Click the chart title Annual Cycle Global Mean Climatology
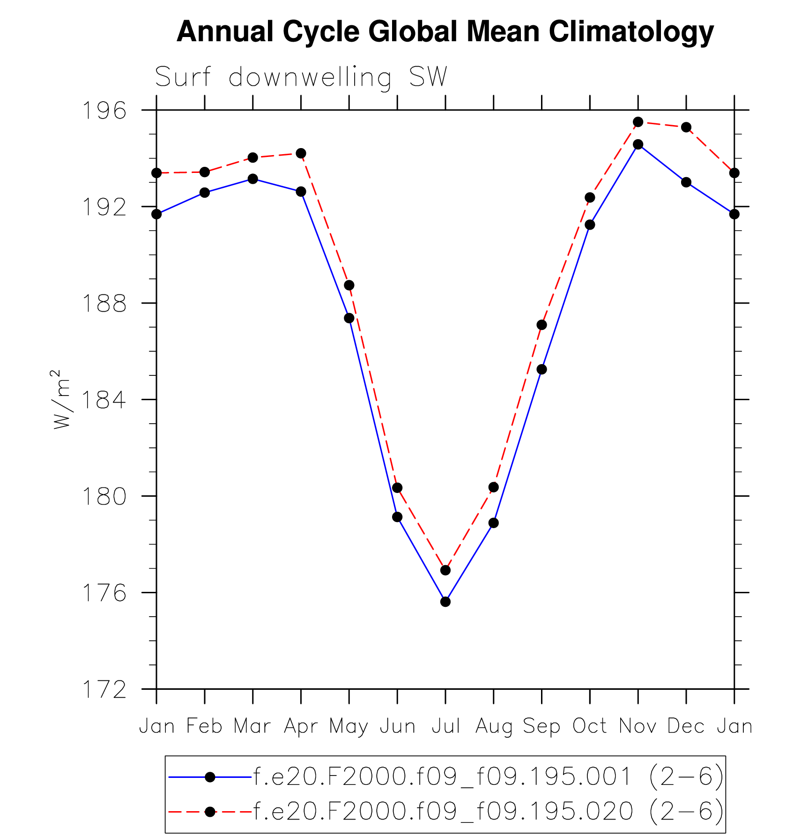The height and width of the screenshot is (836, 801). (x=445, y=32)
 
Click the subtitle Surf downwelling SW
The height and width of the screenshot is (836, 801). (x=301, y=77)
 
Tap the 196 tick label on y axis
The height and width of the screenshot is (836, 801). (x=104, y=111)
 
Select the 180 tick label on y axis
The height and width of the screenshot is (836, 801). (x=104, y=497)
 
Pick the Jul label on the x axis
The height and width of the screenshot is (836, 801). (x=445, y=726)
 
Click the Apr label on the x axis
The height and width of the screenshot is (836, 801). (x=301, y=726)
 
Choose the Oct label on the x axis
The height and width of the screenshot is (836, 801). (x=590, y=726)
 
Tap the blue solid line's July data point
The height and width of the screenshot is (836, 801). (x=445, y=602)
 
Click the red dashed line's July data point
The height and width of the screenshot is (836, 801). (x=445, y=570)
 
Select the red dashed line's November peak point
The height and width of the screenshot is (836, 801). (x=638, y=122)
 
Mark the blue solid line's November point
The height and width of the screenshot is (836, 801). (x=638, y=144)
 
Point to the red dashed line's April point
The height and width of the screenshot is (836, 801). (x=301, y=153)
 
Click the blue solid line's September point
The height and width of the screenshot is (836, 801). (x=541, y=369)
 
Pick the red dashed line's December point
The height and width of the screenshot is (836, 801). (x=686, y=127)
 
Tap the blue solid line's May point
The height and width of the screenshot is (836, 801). (x=349, y=318)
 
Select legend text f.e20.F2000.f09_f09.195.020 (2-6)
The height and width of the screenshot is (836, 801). (x=489, y=811)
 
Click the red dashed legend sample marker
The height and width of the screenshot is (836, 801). (x=210, y=811)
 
